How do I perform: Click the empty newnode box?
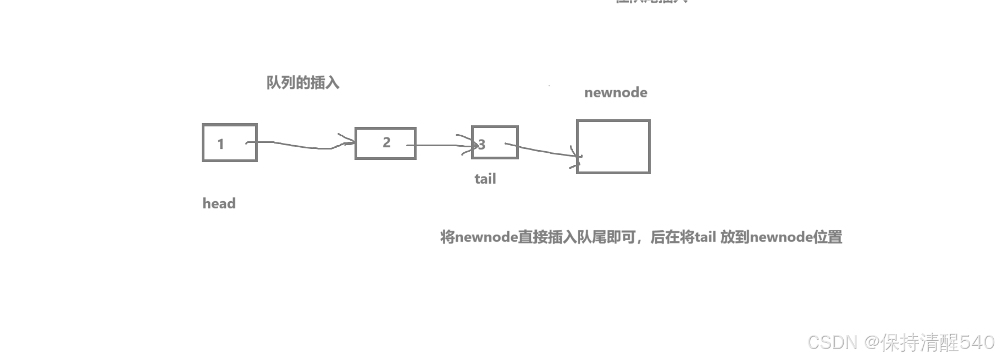(x=613, y=147)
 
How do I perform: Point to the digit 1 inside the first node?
(x=220, y=144)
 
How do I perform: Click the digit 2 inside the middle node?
(x=386, y=142)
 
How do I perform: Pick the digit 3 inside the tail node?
(x=482, y=145)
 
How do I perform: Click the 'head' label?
(x=219, y=203)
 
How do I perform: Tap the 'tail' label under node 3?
(x=485, y=179)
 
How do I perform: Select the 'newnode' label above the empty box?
(x=616, y=92)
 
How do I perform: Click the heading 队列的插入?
(x=303, y=83)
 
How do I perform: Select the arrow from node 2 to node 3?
(x=440, y=145)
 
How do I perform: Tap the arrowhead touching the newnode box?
(x=577, y=157)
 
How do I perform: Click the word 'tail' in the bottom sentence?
(x=705, y=237)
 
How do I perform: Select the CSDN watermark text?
(x=832, y=342)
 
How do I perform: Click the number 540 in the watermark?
(x=977, y=342)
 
